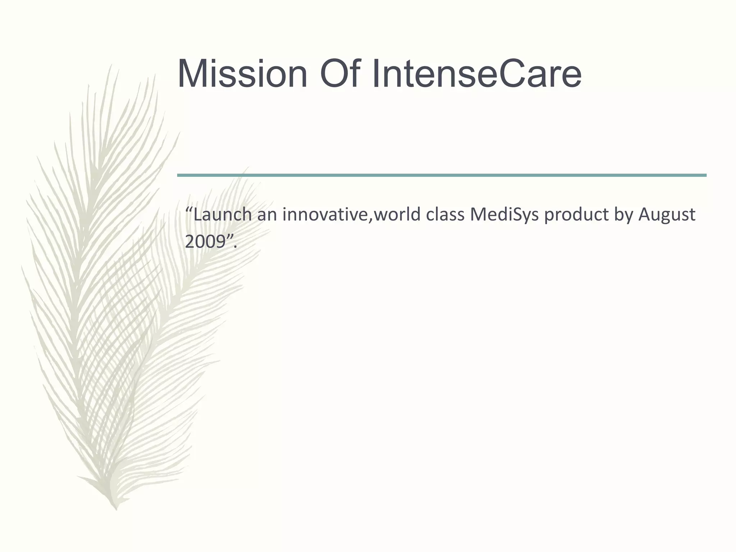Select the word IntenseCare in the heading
pyautogui.click(x=477, y=74)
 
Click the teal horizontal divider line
pyautogui.click(x=441, y=175)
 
